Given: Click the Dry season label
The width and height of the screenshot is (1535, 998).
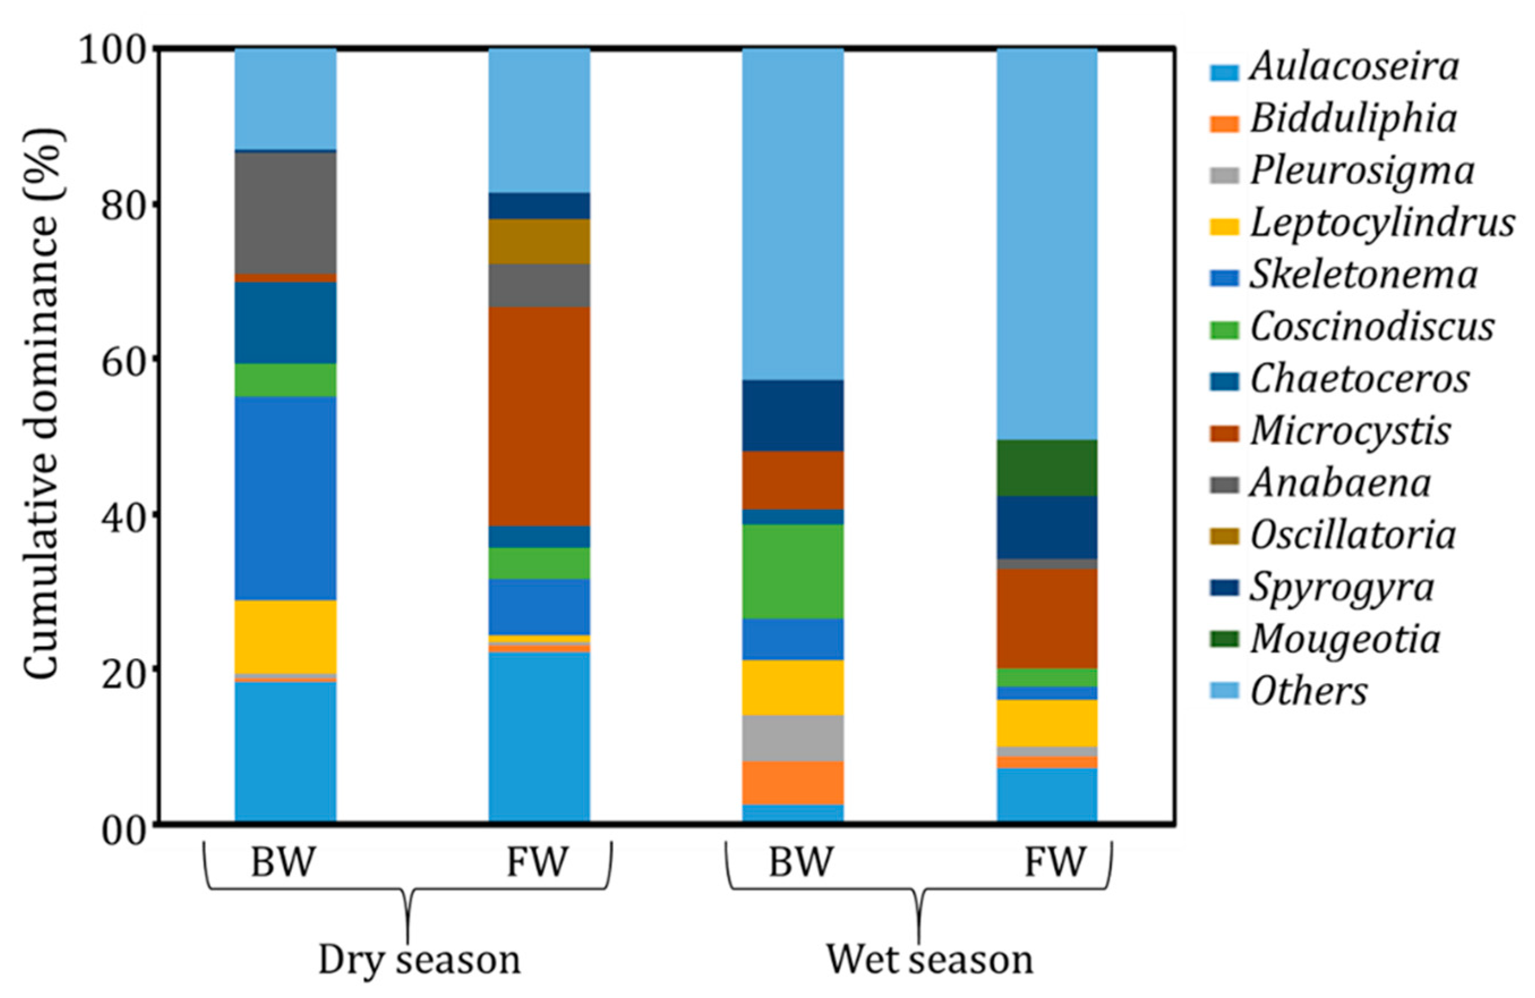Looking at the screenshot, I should [419, 960].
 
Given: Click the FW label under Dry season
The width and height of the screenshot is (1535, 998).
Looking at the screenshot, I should [537, 862].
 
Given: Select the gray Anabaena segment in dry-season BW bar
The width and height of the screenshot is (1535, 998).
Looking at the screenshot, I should [285, 213].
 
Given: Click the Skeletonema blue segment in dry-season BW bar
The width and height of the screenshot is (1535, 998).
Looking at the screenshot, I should [285, 498].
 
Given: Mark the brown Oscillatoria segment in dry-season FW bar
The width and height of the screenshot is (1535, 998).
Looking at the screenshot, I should [539, 241].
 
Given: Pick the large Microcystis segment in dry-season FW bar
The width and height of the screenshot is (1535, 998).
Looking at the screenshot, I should [539, 417].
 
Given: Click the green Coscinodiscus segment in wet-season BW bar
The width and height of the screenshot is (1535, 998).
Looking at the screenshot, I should [793, 571].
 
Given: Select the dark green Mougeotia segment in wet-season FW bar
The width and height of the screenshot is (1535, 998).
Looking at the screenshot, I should [1047, 468].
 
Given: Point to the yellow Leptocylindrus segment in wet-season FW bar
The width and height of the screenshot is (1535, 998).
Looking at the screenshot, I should [1047, 723].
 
